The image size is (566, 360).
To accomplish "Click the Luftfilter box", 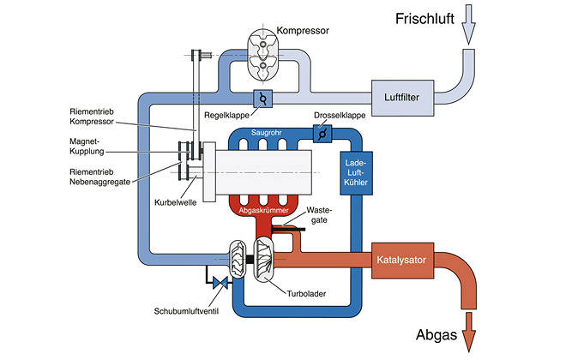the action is tap(402, 98).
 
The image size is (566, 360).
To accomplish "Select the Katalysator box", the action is tap(402, 260).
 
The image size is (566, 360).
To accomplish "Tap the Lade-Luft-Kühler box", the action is tap(356, 173).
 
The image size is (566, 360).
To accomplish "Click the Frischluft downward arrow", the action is tap(468, 25).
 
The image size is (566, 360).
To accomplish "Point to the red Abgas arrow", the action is tap(468, 332).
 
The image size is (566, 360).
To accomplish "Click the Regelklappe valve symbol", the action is tap(262, 99).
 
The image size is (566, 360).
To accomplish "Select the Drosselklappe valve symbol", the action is tap(322, 134).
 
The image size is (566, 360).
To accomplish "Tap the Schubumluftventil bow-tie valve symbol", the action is tap(220, 283).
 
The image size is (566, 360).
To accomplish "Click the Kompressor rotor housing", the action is tap(262, 55).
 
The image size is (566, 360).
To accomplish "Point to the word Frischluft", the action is tap(424, 19).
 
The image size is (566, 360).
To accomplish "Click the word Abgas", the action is tap(437, 335).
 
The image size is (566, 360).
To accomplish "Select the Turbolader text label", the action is tap(306, 294).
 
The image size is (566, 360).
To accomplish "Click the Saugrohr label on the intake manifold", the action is tap(267, 133).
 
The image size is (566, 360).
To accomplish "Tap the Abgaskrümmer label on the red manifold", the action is tap(264, 210).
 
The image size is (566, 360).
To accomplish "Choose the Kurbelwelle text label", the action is tap(176, 202).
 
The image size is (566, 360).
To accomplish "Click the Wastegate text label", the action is tap(319, 215).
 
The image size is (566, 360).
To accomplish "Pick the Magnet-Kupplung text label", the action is tap(87, 146).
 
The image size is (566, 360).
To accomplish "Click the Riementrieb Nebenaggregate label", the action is tap(100, 177).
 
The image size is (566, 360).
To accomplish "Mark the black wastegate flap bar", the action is tap(288, 228).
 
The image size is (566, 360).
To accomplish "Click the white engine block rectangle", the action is tap(264, 172).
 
